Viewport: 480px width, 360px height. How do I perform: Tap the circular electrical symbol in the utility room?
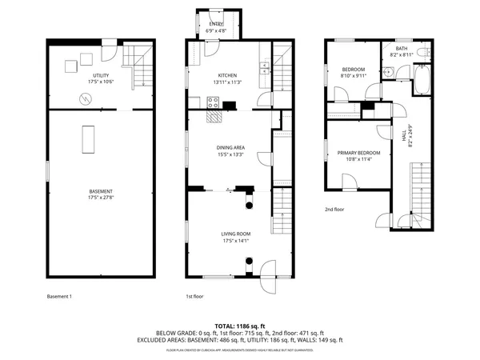coord(85,99)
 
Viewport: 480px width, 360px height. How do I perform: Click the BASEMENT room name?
coord(100,191)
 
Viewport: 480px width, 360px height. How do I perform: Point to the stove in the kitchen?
coord(214,102)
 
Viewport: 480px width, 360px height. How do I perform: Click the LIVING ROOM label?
coord(236,234)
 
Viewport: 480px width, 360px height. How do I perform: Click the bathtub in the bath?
coord(422,79)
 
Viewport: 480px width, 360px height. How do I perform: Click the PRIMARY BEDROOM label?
coord(358,152)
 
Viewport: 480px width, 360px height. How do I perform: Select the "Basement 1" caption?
coord(59,297)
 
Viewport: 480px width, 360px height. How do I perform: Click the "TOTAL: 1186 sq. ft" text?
coord(239,326)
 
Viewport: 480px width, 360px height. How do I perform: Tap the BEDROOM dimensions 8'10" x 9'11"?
coord(353,77)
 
